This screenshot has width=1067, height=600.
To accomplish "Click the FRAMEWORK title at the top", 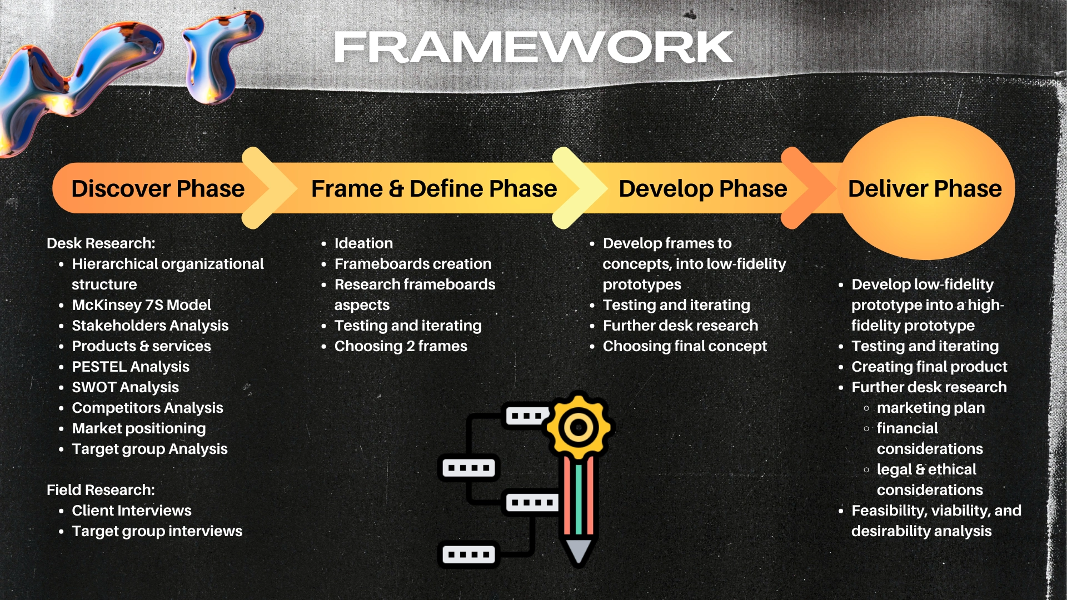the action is [x=533, y=47].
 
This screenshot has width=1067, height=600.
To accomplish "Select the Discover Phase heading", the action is [x=158, y=189].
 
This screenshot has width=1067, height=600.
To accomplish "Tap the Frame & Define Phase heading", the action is [x=434, y=189].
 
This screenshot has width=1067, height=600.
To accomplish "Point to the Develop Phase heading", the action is [x=703, y=189].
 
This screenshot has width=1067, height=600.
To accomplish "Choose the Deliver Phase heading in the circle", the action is [x=925, y=189].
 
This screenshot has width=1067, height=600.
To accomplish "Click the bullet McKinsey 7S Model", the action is [x=142, y=305].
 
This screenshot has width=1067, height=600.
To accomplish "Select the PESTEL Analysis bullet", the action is [x=131, y=367].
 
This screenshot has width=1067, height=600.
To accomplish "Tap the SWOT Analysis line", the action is [x=126, y=387].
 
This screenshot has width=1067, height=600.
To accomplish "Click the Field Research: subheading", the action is [x=101, y=490].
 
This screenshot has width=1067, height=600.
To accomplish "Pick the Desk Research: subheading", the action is [x=101, y=243].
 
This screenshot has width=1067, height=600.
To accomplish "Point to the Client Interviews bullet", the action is [x=132, y=511].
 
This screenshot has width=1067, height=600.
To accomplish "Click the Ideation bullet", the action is [x=363, y=243].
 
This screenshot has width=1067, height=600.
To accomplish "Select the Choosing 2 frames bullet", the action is [x=401, y=346].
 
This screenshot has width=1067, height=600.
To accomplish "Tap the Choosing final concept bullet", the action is [x=685, y=346].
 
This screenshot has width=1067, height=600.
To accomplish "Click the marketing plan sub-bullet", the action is [x=931, y=408].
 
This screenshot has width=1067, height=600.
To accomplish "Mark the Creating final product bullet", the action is [x=929, y=367].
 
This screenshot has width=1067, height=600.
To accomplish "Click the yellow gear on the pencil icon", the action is [x=579, y=427].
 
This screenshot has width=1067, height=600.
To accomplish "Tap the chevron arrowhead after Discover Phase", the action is [x=270, y=188].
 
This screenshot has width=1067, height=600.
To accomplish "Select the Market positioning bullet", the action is [x=139, y=428].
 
